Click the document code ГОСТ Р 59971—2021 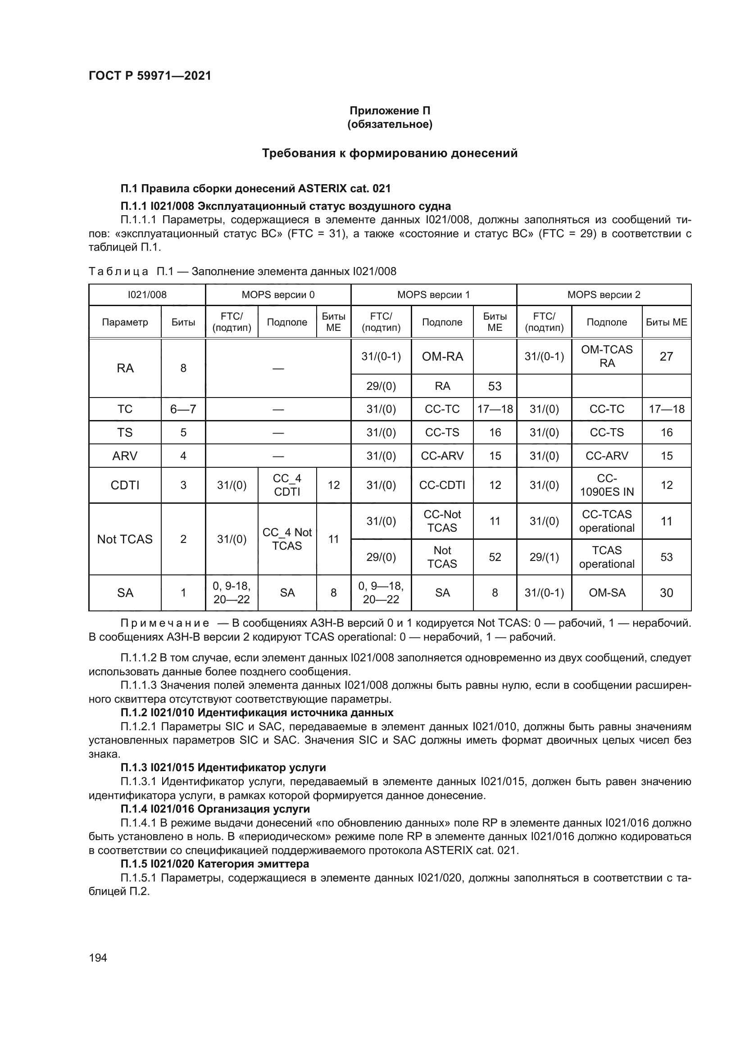tap(150, 76)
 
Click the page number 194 tap(98, 958)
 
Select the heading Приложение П tap(390, 111)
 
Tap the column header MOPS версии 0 tap(278, 295)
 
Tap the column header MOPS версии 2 tap(603, 295)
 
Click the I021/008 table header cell tap(147, 295)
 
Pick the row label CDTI tap(125, 485)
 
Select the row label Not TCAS tap(125, 539)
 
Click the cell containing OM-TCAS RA tap(606, 357)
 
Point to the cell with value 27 tap(666, 357)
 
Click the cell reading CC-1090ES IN tap(606, 485)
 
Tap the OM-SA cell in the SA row tap(606, 592)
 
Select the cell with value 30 tap(666, 592)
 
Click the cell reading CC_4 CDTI tap(287, 485)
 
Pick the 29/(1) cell tap(544, 557)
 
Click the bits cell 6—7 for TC tap(183, 409)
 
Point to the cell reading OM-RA tap(442, 357)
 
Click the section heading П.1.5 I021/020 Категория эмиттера tap(215, 864)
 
